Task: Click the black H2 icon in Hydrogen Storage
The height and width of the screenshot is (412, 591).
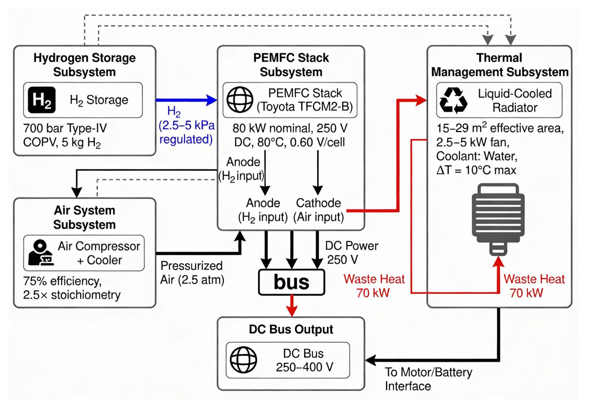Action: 42,100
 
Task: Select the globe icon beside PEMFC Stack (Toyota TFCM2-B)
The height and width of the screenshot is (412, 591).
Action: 240,100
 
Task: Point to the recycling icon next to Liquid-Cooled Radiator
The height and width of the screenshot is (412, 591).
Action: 453,100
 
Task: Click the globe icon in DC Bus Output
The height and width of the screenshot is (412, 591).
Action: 243,360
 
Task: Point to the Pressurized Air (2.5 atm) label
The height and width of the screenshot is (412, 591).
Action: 192,273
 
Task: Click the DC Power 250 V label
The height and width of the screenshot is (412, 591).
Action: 352,252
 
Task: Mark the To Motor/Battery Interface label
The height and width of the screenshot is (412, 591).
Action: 428,379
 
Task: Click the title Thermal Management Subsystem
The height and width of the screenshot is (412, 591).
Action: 499,65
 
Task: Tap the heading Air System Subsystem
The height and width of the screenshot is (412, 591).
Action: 84,217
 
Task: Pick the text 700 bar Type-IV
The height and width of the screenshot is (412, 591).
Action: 65,128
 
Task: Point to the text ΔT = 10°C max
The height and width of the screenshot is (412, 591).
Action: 476,170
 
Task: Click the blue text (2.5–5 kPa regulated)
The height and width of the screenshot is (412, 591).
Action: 186,132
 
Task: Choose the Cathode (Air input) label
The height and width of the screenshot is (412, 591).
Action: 318,210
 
